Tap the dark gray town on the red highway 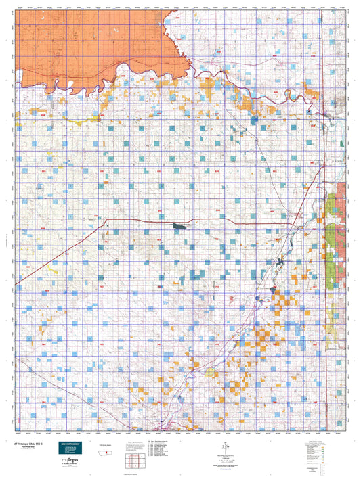pos(181,227)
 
